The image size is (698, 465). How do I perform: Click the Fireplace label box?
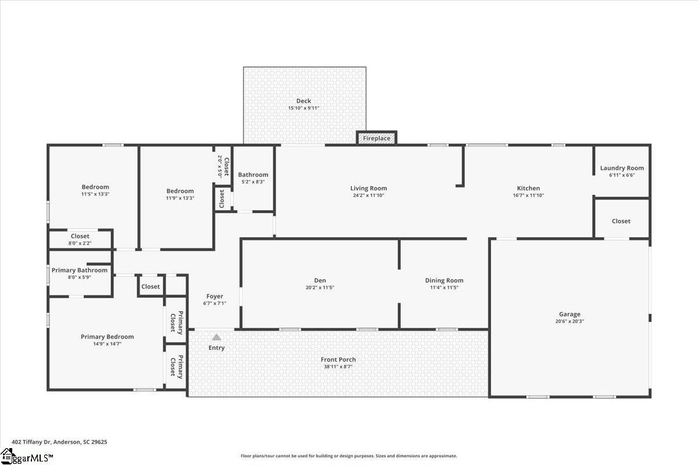pos(376,138)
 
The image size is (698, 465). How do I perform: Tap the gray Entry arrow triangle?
pos(216,337)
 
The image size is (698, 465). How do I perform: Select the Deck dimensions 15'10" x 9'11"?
pos(304,108)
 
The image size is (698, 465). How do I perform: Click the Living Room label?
pos(368,188)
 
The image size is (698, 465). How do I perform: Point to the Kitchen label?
pos(528,188)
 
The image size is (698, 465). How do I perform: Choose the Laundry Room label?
pos(622,168)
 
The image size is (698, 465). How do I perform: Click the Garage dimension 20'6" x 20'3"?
pos(569,321)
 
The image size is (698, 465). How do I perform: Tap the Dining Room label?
pos(444,281)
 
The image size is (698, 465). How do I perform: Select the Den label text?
pos(320,280)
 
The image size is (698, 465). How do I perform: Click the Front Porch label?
pos(338,360)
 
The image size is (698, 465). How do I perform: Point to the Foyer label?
pos(215,296)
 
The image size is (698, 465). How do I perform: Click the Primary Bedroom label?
pos(107,337)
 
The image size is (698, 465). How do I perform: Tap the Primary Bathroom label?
pos(80,270)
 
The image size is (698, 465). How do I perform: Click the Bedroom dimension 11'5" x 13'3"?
pos(95,194)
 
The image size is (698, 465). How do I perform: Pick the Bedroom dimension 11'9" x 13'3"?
pos(180,198)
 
